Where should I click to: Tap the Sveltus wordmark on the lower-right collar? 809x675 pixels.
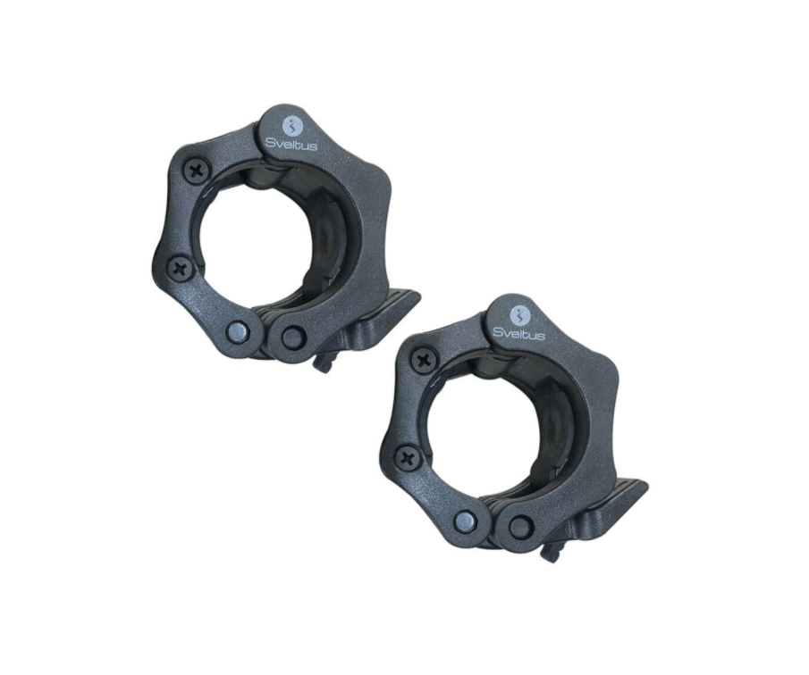click(x=519, y=332)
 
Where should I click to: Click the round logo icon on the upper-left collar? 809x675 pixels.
click(x=293, y=125)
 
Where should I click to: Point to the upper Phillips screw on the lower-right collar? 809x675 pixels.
click(x=425, y=359)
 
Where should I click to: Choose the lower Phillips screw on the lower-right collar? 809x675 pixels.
click(x=409, y=457)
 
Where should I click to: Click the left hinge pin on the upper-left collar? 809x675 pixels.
click(x=239, y=331)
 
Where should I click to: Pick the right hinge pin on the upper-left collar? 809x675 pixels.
click(x=292, y=336)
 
